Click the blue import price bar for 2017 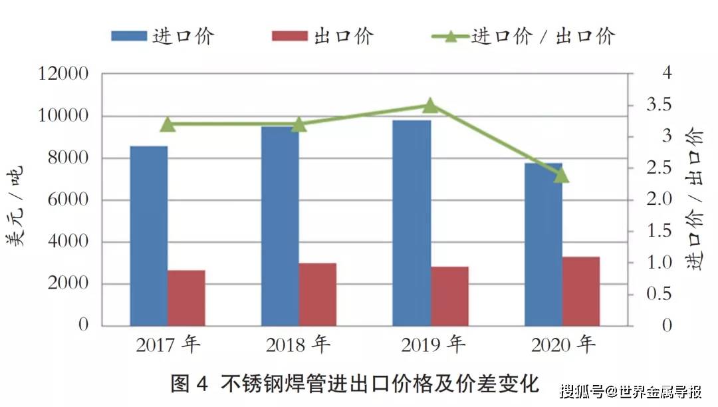[x=149, y=236]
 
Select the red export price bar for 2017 [x=186, y=298]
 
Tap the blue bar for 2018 [x=280, y=226]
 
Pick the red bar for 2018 [x=317, y=295]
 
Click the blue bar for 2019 [x=412, y=223]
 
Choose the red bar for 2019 [x=449, y=296]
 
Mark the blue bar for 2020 [x=543, y=244]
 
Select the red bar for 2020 [x=580, y=291]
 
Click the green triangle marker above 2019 [x=430, y=105]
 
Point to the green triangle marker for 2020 [x=561, y=175]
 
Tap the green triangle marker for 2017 [x=168, y=124]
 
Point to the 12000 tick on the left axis [x=64, y=74]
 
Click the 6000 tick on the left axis [x=68, y=200]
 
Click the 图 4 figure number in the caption [x=189, y=384]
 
